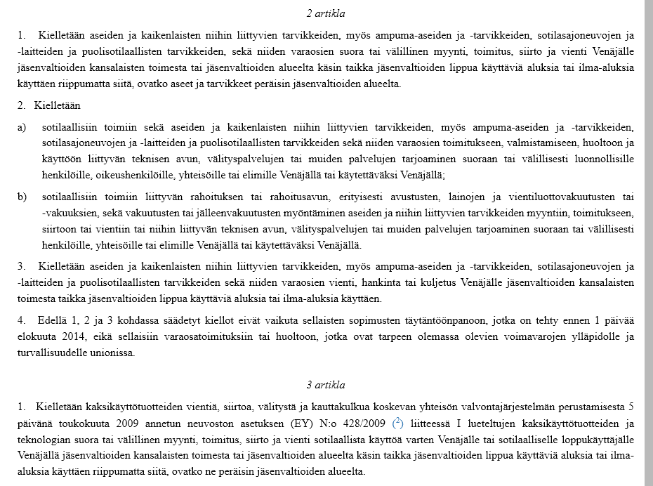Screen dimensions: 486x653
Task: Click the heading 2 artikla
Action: coord(325,14)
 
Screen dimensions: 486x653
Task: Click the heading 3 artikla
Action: coord(325,386)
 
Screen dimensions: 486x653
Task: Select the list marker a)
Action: coord(22,127)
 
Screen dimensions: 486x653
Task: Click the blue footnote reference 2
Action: coord(397,422)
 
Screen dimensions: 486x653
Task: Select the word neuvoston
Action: coord(233,423)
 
